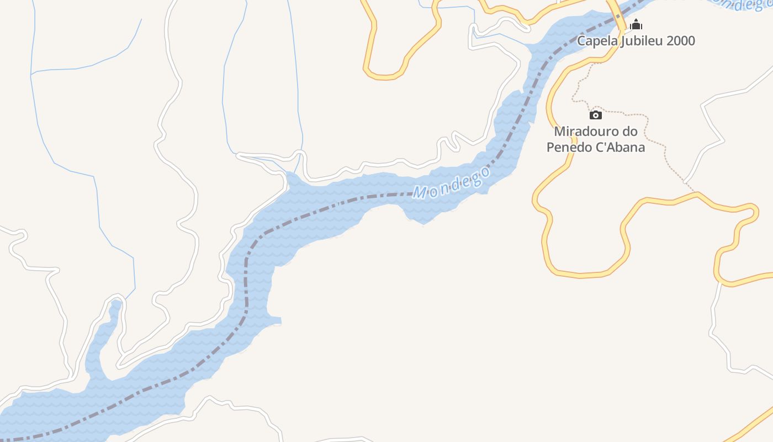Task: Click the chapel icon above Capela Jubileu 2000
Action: pos(636,24)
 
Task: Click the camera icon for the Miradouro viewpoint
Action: pos(595,115)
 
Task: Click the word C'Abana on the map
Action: pos(620,148)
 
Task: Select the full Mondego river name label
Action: pos(452,183)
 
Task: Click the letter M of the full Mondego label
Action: pos(420,193)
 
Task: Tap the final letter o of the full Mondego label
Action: pos(484,171)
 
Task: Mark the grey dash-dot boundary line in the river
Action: pos(246,276)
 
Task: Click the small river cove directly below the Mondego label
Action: pos(422,215)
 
